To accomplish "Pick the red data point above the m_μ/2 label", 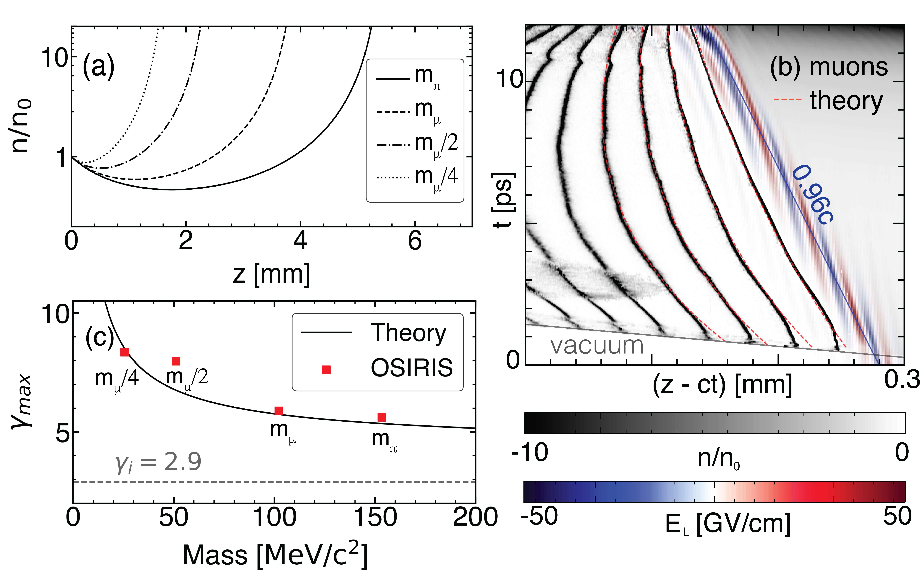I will (x=176, y=361).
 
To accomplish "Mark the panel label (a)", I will (x=98, y=66).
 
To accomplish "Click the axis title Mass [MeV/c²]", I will (x=275, y=555).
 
